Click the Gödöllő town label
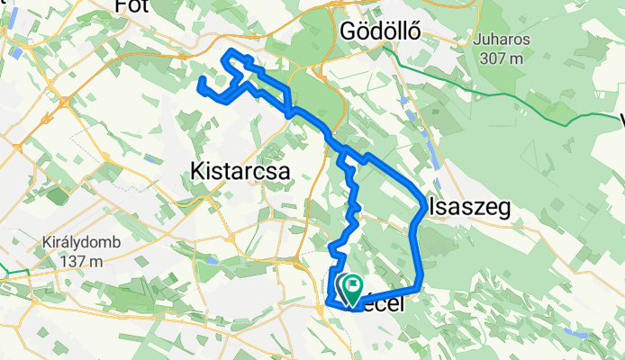381,31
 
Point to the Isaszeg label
468,208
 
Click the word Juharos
503,40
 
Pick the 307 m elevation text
503,58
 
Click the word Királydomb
68,242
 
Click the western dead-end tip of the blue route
200,83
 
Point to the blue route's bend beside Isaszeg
424,208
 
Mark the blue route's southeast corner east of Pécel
419,288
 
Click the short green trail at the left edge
14,271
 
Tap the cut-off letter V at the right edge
620,120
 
